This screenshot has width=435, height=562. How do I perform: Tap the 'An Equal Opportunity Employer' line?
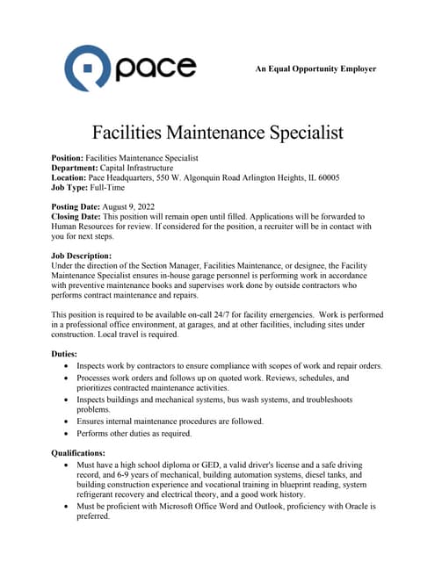(315, 68)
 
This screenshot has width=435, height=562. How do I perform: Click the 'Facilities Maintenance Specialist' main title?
(217, 133)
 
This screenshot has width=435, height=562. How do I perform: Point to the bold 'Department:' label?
(76, 168)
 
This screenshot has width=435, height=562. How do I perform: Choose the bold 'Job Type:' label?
(71, 188)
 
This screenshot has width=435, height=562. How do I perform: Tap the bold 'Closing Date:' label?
(76, 216)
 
